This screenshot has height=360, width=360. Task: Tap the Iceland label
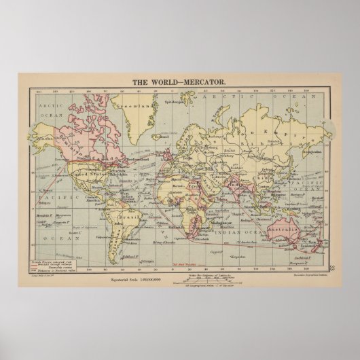pos(162,117)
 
